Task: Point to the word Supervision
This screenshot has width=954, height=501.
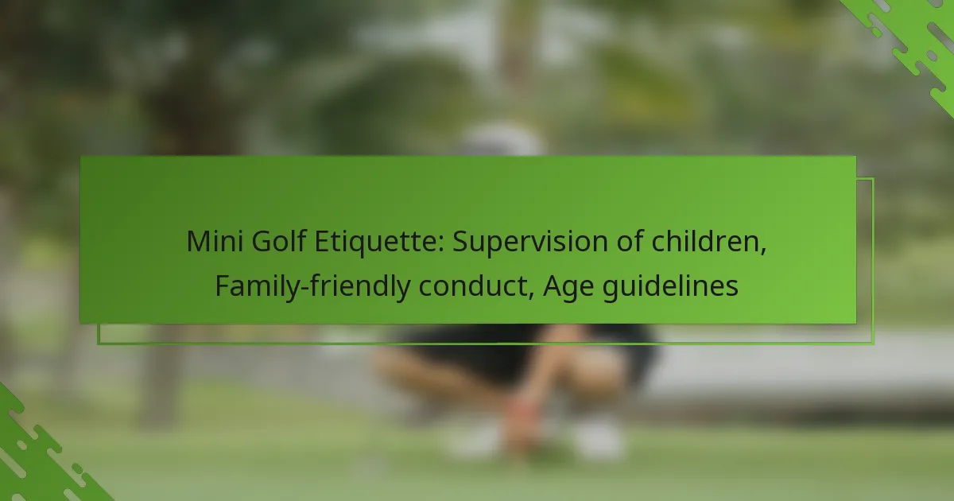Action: pos(529,242)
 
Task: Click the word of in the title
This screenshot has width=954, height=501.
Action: pos(629,241)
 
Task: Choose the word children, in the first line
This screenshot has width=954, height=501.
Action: pos(708,242)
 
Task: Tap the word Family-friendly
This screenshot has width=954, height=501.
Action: pos(312,286)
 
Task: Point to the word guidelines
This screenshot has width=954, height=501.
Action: pos(670,286)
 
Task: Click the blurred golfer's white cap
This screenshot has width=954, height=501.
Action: pos(499,139)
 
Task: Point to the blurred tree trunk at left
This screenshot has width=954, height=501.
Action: pos(162,375)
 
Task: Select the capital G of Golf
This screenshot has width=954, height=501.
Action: pos(262,241)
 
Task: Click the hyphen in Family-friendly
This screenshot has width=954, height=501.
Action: pos(304,288)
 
